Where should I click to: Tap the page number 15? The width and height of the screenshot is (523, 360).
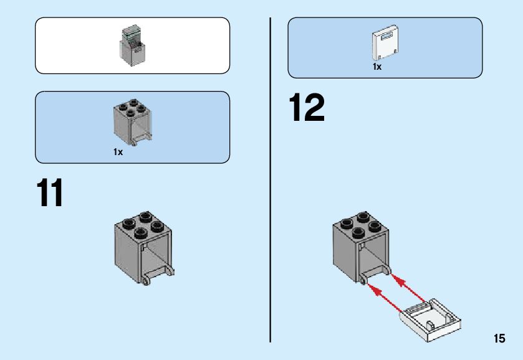499,339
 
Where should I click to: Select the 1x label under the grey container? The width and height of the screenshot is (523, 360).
118,152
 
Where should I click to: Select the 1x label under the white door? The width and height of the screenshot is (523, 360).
377,67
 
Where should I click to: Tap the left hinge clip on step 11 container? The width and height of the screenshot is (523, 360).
146,282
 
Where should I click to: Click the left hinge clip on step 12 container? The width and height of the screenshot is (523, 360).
363,282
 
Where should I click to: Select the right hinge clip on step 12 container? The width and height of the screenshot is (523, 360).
386,271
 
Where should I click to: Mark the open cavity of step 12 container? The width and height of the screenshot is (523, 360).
373,258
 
